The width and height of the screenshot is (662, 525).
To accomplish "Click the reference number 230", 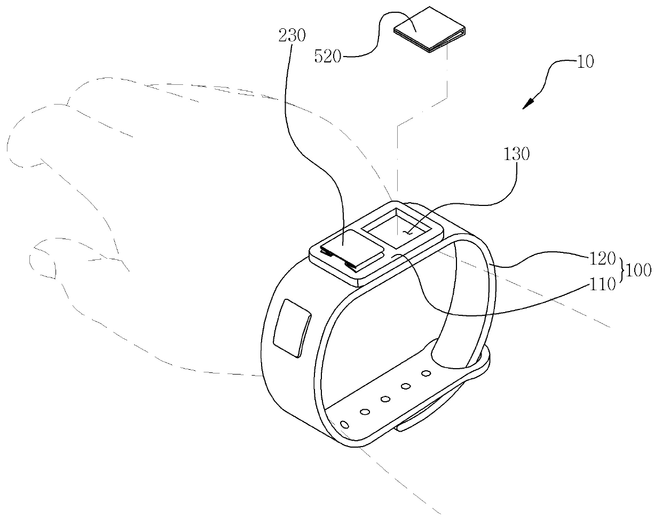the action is [x=292, y=36].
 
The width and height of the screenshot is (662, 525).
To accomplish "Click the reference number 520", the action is [x=328, y=55].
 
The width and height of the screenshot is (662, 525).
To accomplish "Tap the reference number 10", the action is [x=585, y=62].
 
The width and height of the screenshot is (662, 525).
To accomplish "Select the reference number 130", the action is [x=516, y=155].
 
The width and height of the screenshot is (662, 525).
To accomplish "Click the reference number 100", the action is [x=638, y=271].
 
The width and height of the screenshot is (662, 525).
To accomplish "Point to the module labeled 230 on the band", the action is [x=349, y=248].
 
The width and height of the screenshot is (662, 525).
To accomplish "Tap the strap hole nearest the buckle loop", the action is [x=425, y=373].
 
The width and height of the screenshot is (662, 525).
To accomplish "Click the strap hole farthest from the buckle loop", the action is [x=344, y=425].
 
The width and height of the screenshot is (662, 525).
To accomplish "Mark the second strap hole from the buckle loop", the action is [x=406, y=386].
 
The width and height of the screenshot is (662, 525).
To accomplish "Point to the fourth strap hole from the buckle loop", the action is [x=365, y=411].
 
